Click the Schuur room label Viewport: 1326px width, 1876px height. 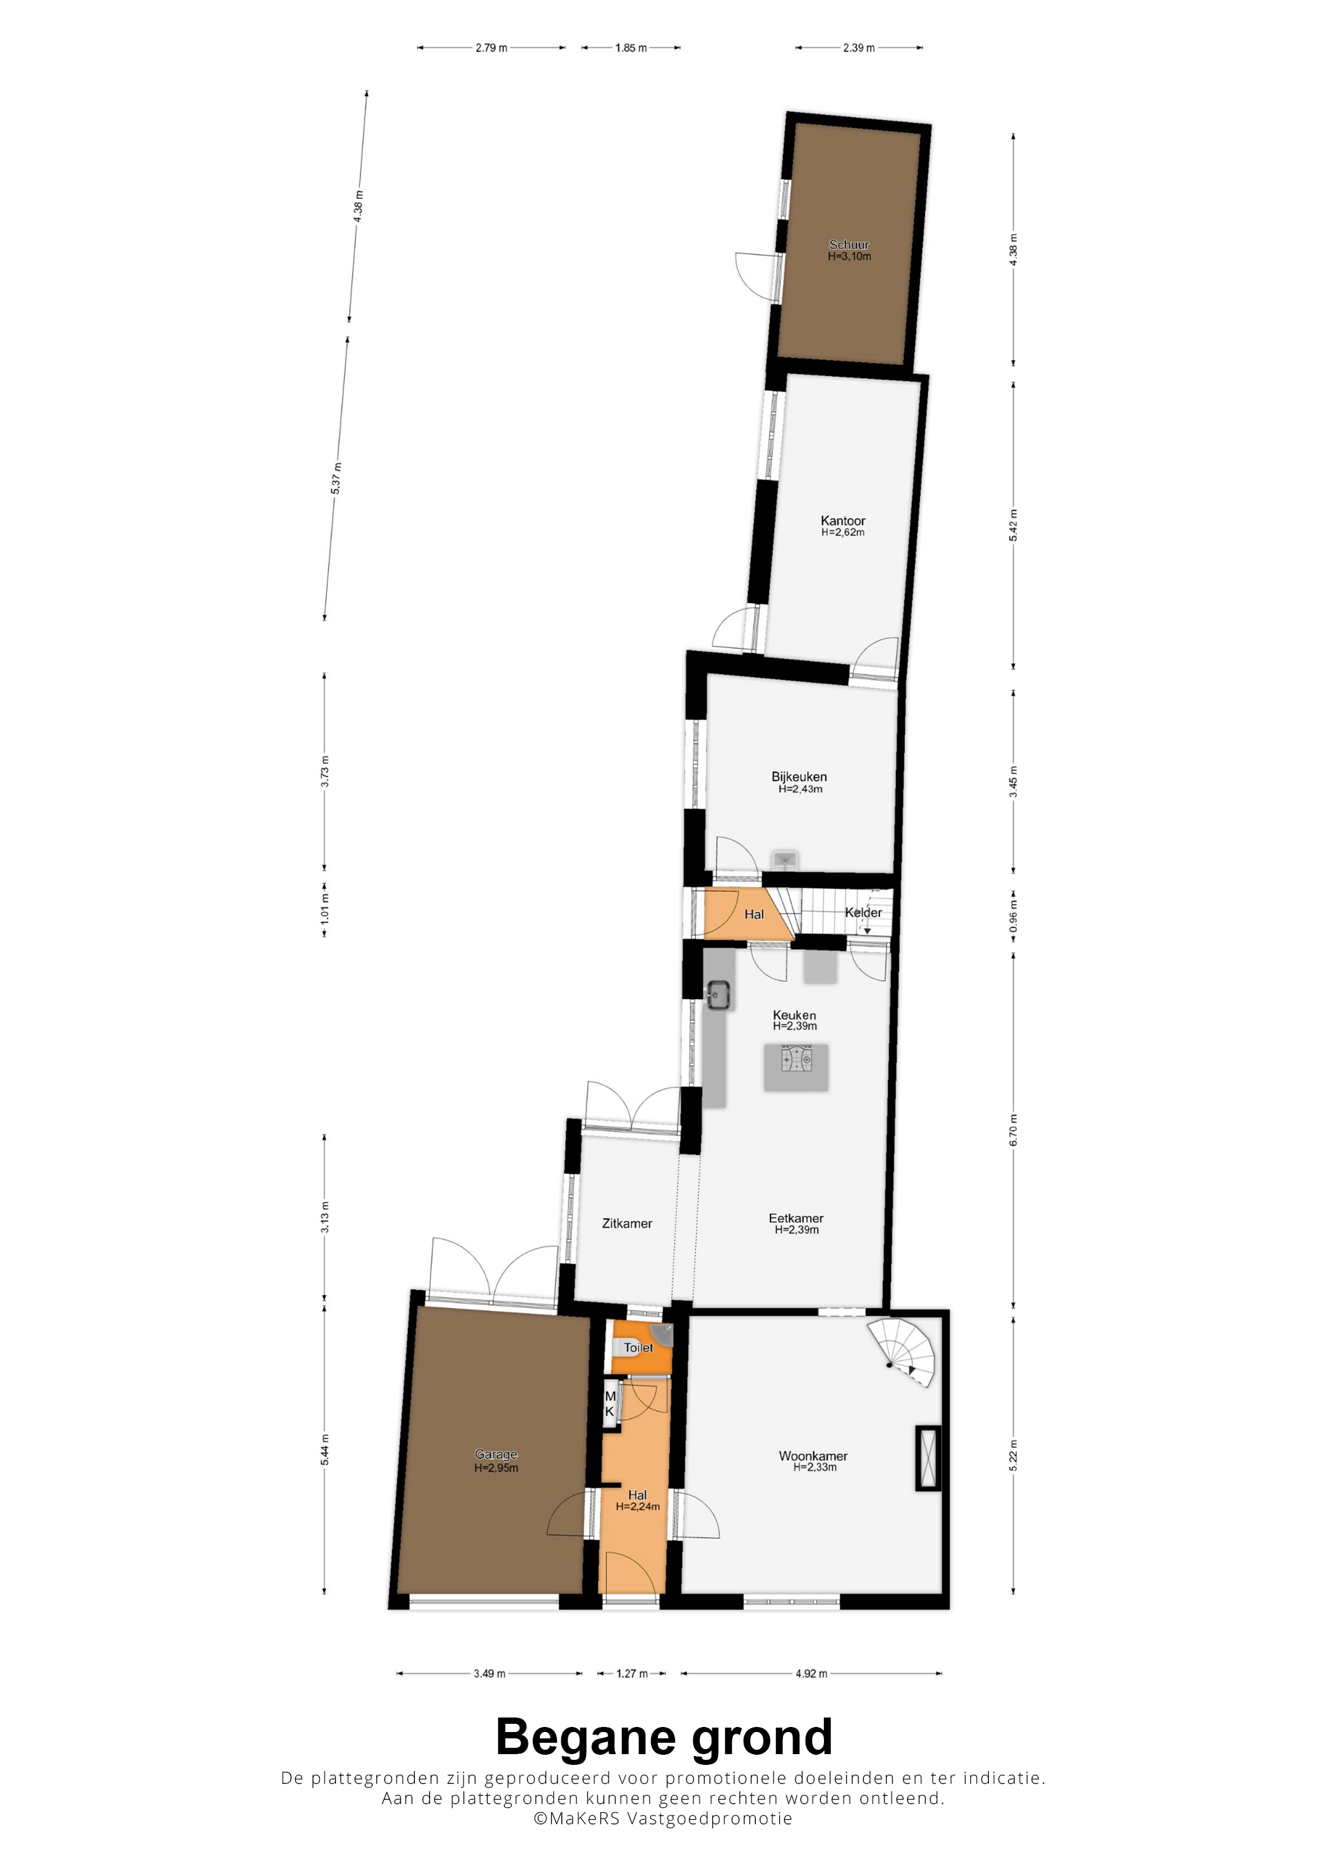point(849,244)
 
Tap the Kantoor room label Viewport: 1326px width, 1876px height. point(842,520)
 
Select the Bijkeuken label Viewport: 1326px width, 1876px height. point(799,776)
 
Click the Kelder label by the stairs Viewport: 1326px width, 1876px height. point(864,912)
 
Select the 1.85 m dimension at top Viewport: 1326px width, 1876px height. point(631,48)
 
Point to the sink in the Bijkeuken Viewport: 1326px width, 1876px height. point(784,859)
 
